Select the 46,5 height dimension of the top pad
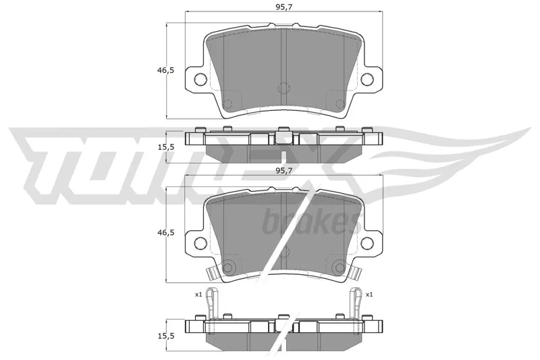pyautogui.click(x=166, y=70)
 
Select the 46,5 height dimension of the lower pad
pyautogui.click(x=166, y=233)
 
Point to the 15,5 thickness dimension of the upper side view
pyautogui.click(x=166, y=147)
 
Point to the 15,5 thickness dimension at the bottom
pyautogui.click(x=166, y=336)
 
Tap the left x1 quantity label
pyautogui.click(x=198, y=294)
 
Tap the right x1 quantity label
pyautogui.click(x=369, y=294)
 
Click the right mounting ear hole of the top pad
pyautogui.click(x=367, y=80)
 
